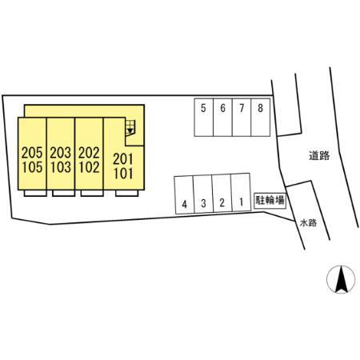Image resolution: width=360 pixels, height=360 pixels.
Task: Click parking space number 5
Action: [204, 118]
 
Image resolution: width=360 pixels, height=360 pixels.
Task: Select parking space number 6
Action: [222, 118]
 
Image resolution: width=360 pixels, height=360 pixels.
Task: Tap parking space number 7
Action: [242, 118]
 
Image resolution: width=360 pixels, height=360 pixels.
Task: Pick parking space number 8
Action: [261, 118]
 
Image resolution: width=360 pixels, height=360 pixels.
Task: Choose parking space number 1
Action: [241, 193]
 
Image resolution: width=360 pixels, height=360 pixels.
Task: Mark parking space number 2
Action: [222, 194]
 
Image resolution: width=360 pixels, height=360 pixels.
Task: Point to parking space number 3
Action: [203, 194]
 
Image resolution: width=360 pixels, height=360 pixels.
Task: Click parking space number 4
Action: [184, 195]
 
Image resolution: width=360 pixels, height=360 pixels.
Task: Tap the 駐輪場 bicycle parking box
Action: [270, 200]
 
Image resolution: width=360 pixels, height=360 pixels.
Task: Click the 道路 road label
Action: [319, 155]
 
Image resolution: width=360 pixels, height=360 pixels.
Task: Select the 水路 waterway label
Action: [308, 223]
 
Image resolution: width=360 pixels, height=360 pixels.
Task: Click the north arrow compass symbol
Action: [341, 279]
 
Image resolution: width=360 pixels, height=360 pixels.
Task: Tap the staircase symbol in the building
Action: [130, 127]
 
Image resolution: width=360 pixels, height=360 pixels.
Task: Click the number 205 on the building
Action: [32, 153]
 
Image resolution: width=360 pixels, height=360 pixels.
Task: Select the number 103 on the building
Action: [61, 167]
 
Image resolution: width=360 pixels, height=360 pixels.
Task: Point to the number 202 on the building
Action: [89, 153]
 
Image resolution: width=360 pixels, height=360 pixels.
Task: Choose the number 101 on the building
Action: [123, 174]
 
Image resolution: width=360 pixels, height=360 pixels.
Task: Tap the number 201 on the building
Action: [123, 159]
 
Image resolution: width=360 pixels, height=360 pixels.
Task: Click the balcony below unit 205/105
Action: [35, 193]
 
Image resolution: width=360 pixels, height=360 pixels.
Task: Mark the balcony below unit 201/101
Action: [127, 193]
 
